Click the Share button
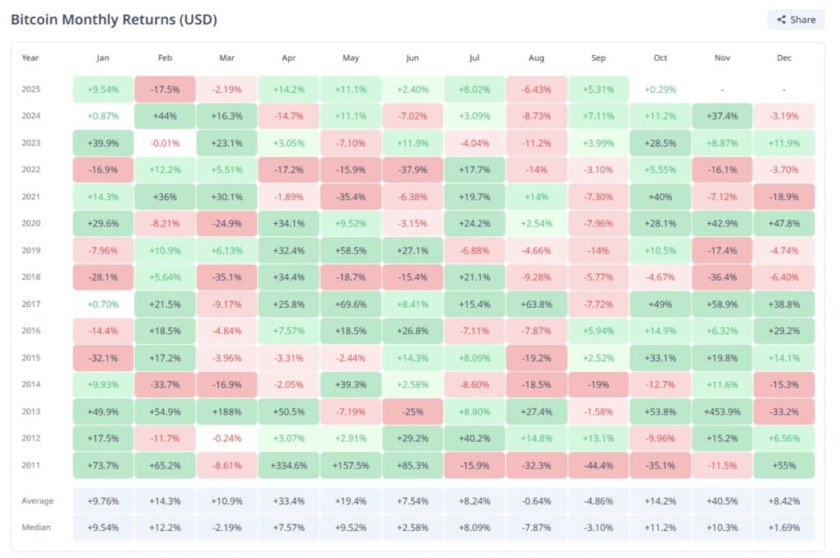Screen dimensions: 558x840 coord(796,20)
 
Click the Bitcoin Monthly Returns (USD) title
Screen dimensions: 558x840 coord(114,20)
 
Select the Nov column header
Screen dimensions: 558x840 coord(723,58)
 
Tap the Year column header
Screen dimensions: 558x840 coord(30,58)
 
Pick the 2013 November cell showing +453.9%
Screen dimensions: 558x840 coord(723,411)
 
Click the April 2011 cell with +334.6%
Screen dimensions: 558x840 coord(289,465)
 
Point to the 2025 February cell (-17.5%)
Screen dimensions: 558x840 coord(165,89)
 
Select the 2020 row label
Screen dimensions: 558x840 coord(30,223)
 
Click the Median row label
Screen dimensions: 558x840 coord(35,528)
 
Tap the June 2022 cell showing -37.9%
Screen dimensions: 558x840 coord(413,170)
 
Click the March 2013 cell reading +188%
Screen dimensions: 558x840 coord(227,411)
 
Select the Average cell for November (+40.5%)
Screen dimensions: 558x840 coord(723,501)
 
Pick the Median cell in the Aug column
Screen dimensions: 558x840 coord(536,528)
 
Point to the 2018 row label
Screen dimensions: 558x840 coord(30,277)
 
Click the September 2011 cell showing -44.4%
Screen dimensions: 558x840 coord(599,465)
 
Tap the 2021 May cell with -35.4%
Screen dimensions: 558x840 coord(350,197)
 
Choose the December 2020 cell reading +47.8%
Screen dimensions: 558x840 coord(784,223)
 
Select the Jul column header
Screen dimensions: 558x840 coord(474,58)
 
